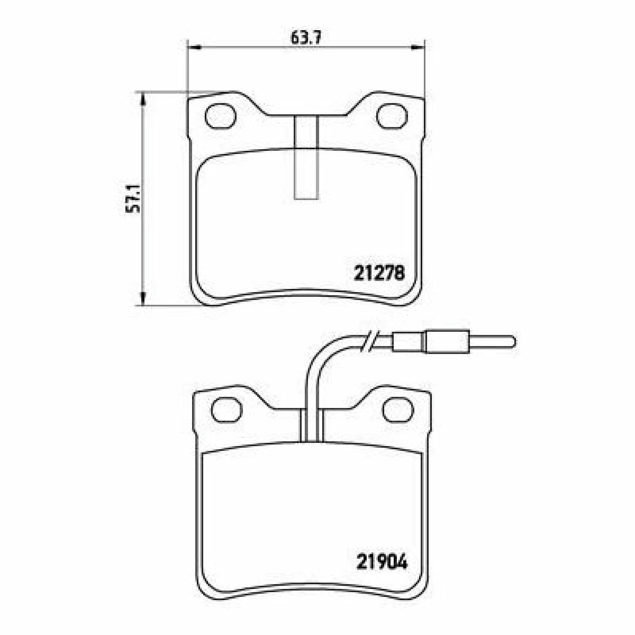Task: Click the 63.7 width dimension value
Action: [x=305, y=38]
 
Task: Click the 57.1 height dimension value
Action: [x=133, y=199]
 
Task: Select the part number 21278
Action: [x=379, y=274]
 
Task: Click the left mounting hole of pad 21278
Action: [x=221, y=116]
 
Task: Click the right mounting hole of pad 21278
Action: [x=392, y=116]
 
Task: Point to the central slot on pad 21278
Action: [x=306, y=158]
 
